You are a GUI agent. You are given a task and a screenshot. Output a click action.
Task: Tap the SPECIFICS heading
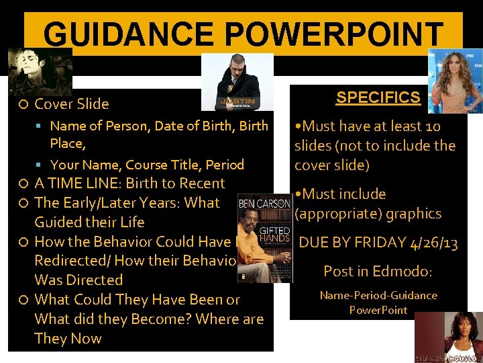[378, 97]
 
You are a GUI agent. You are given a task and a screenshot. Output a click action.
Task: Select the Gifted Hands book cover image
[264, 239]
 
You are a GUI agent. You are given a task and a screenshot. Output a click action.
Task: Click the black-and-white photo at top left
[40, 71]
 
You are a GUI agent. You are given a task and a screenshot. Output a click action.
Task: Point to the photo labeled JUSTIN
[237, 82]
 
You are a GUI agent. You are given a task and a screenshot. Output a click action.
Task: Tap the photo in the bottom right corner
[448, 337]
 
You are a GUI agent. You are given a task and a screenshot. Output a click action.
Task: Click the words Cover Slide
[72, 104]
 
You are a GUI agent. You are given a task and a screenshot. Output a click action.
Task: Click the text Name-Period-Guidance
[378, 295]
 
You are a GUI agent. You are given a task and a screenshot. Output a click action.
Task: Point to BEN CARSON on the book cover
[264, 203]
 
